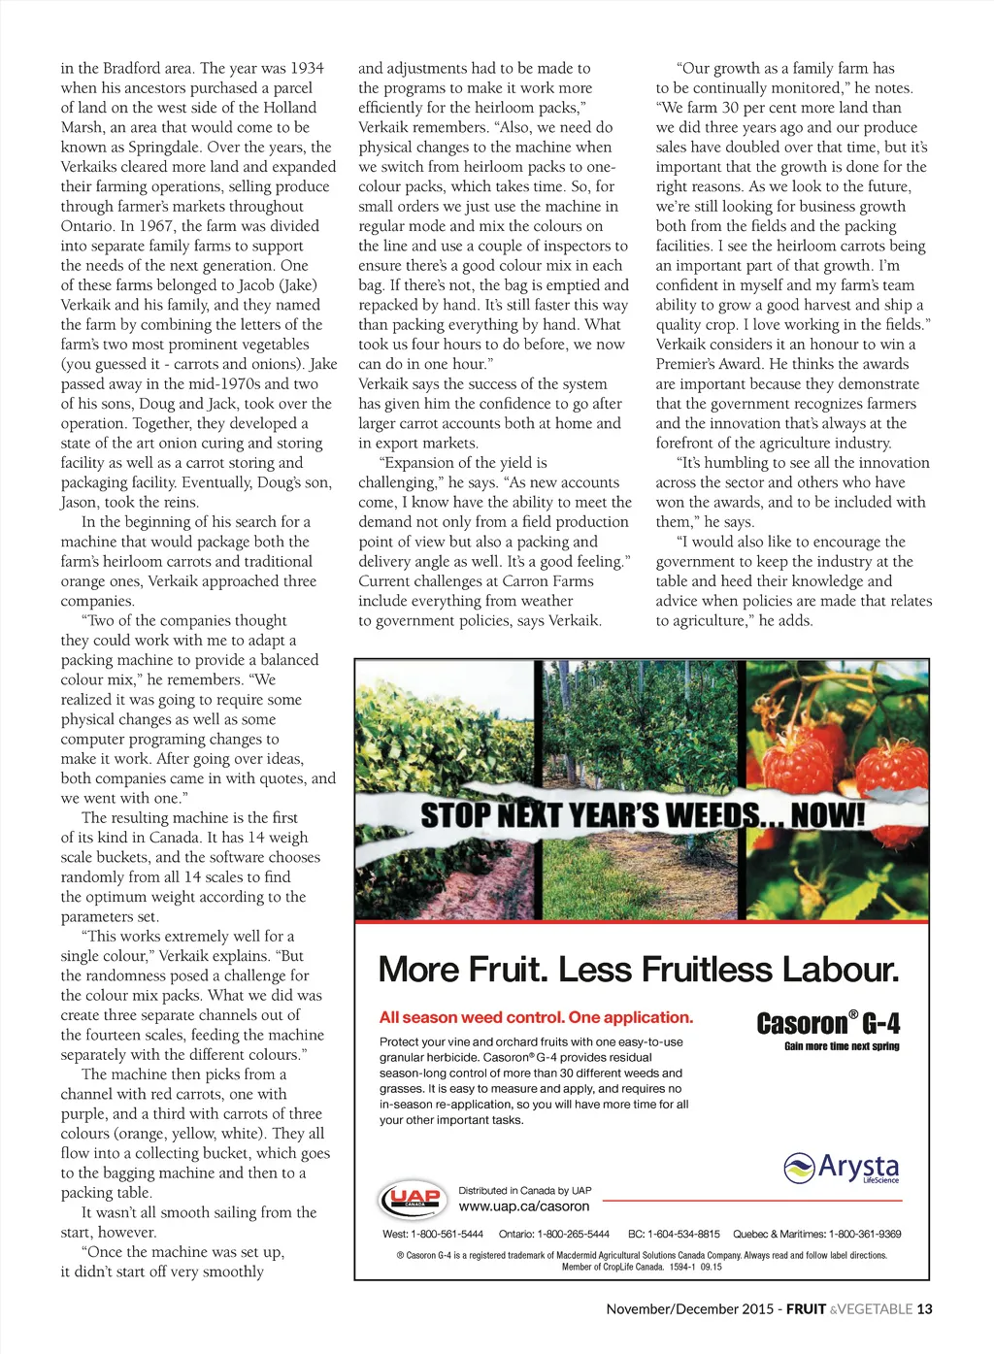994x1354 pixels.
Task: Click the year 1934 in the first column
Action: (x=306, y=68)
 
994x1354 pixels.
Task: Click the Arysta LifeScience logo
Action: (x=841, y=1168)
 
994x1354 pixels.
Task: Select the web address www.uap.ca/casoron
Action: (x=524, y=1206)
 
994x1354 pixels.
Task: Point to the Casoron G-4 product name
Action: (x=828, y=1024)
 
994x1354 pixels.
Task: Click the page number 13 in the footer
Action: (x=924, y=1308)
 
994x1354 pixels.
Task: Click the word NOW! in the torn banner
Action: (x=827, y=815)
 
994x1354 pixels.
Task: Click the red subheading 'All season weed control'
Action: (x=536, y=1017)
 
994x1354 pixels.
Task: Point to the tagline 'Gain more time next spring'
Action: (x=842, y=1046)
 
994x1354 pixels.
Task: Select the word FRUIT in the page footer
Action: (x=806, y=1308)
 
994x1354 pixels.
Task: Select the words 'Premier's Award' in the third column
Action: (x=706, y=364)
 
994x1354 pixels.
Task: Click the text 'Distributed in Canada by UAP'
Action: (x=524, y=1190)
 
